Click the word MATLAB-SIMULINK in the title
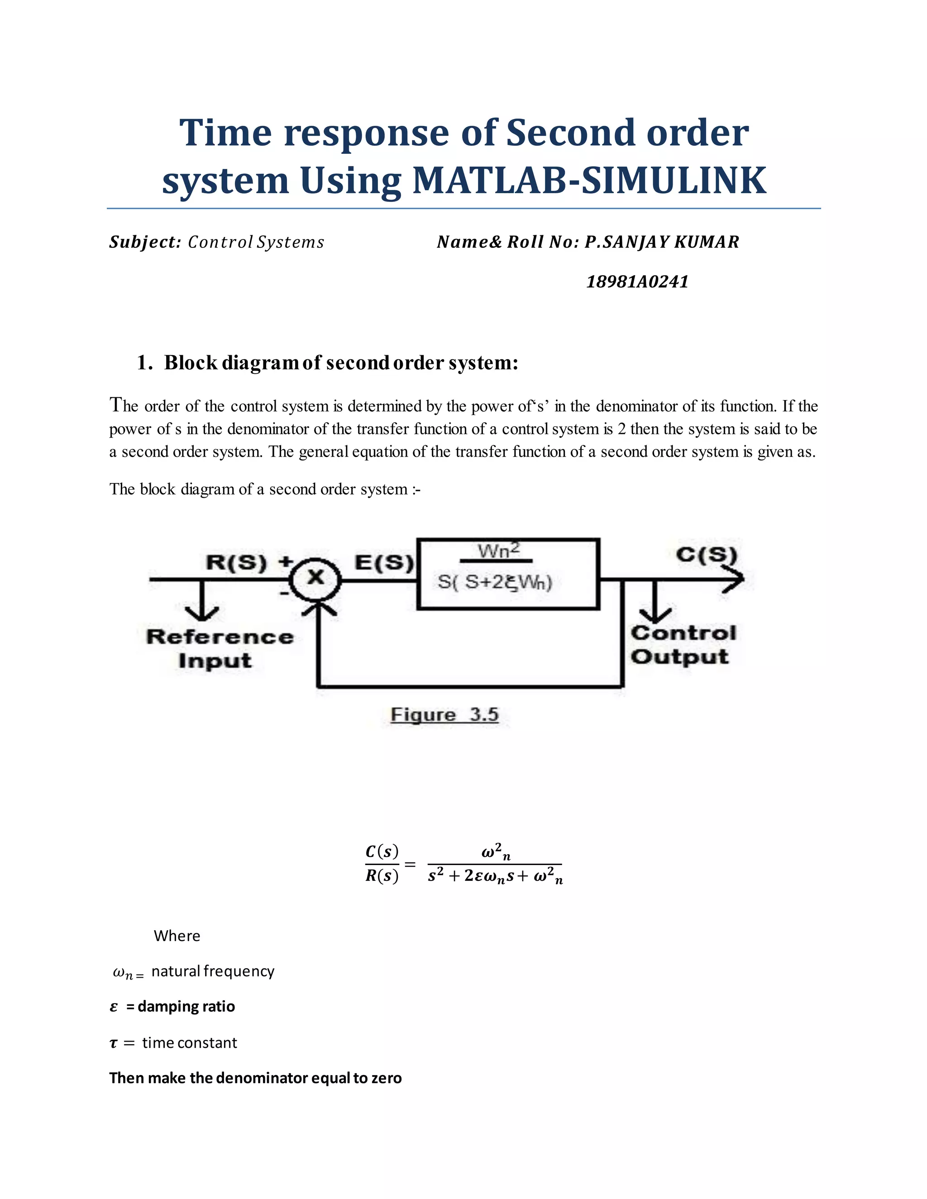(589, 181)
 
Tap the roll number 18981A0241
(637, 281)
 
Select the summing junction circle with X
(315, 578)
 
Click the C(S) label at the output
(706, 555)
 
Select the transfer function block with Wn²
(508, 574)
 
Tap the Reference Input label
(219, 648)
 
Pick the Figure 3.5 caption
(444, 714)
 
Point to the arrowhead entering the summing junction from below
(318, 608)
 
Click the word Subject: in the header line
(145, 242)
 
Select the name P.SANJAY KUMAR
(662, 242)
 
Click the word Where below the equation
(177, 936)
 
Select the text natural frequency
(213, 971)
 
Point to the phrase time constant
(190, 1042)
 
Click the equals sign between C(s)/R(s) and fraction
(410, 864)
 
